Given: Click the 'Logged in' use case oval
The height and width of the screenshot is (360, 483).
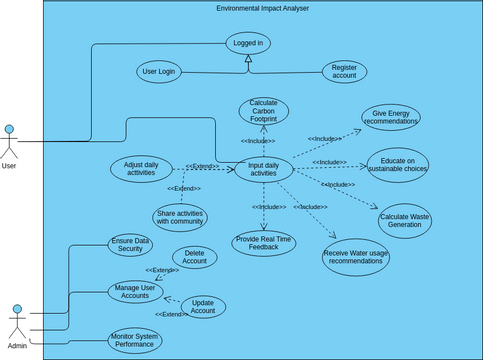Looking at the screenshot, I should [x=248, y=44].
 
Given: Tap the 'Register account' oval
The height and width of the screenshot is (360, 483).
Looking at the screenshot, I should [x=344, y=73].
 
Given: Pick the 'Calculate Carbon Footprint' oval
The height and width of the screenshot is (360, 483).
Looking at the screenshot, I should [x=264, y=110].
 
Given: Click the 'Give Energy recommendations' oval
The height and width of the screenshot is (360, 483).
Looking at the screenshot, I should [x=391, y=117].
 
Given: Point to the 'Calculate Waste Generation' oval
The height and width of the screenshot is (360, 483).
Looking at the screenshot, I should [x=407, y=219].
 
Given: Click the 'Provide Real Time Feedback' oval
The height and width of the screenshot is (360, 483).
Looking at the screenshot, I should [x=264, y=243].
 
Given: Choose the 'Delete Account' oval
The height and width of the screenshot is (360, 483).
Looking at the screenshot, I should [x=195, y=256].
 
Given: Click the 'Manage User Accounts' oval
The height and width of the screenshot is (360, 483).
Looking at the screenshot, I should [x=136, y=291].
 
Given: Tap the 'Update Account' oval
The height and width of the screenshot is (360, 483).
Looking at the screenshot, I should [x=203, y=307].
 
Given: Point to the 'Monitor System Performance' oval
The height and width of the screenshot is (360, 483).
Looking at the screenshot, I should [x=134, y=340].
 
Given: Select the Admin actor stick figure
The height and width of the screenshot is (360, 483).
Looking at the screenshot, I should [x=17, y=322].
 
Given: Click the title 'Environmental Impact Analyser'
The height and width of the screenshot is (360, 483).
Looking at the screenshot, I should [x=263, y=8].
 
